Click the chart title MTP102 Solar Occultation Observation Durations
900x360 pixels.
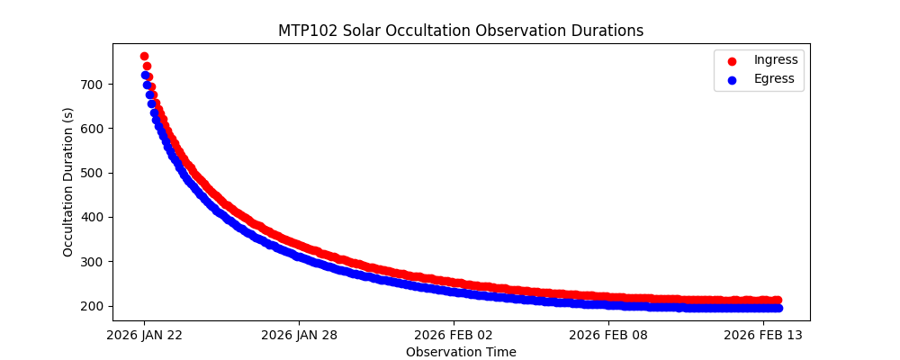pyautogui.click(x=460, y=31)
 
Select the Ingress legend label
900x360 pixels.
pyautogui.click(x=776, y=60)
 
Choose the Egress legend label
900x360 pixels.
pyautogui.click(x=774, y=79)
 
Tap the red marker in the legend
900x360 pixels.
pyautogui.click(x=732, y=61)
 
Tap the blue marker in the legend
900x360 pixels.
pyautogui.click(x=732, y=80)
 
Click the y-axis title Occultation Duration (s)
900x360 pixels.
pyautogui.click(x=68, y=182)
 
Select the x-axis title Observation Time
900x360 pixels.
pyautogui.click(x=461, y=352)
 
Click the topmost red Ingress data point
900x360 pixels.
pyautogui.click(x=144, y=57)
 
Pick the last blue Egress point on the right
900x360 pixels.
pyautogui.click(x=778, y=309)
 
